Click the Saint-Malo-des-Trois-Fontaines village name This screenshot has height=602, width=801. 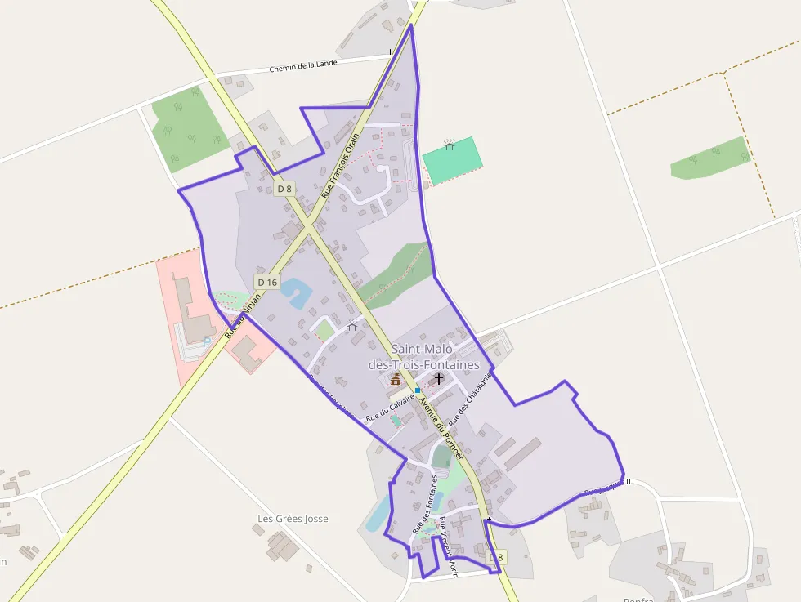point(435,357)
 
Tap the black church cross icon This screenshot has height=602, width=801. point(439,378)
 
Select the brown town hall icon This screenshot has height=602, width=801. point(396,379)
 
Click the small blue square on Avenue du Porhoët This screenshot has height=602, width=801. point(417,390)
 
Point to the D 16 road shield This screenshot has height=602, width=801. point(267,282)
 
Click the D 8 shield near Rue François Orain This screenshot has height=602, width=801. point(284,189)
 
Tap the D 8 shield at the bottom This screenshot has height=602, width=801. point(496,557)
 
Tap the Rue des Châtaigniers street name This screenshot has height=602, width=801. point(469,398)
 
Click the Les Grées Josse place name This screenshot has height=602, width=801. point(293,519)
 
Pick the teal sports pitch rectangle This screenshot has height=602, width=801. point(450,160)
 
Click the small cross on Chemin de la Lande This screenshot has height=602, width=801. point(390,51)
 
